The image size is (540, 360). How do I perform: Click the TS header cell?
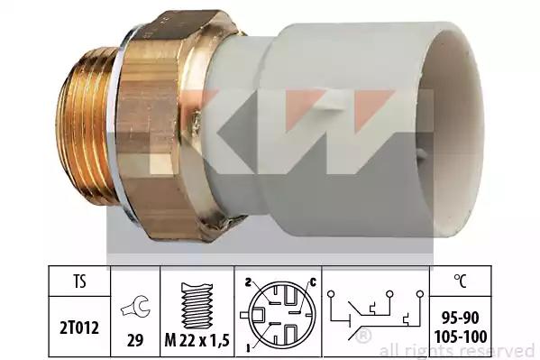(x=79, y=282)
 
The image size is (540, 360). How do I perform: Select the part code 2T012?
(x=79, y=328)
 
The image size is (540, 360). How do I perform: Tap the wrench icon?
(x=135, y=307)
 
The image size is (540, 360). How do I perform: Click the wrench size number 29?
(x=135, y=340)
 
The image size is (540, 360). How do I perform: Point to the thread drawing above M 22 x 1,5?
(x=197, y=306)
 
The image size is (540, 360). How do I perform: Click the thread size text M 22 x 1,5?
(x=197, y=341)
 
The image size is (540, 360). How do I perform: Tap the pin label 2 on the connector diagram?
(x=247, y=282)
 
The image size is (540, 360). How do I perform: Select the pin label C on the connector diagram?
(x=313, y=282)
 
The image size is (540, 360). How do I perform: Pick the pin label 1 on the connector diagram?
(x=247, y=348)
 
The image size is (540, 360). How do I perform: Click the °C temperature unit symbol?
(x=461, y=281)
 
